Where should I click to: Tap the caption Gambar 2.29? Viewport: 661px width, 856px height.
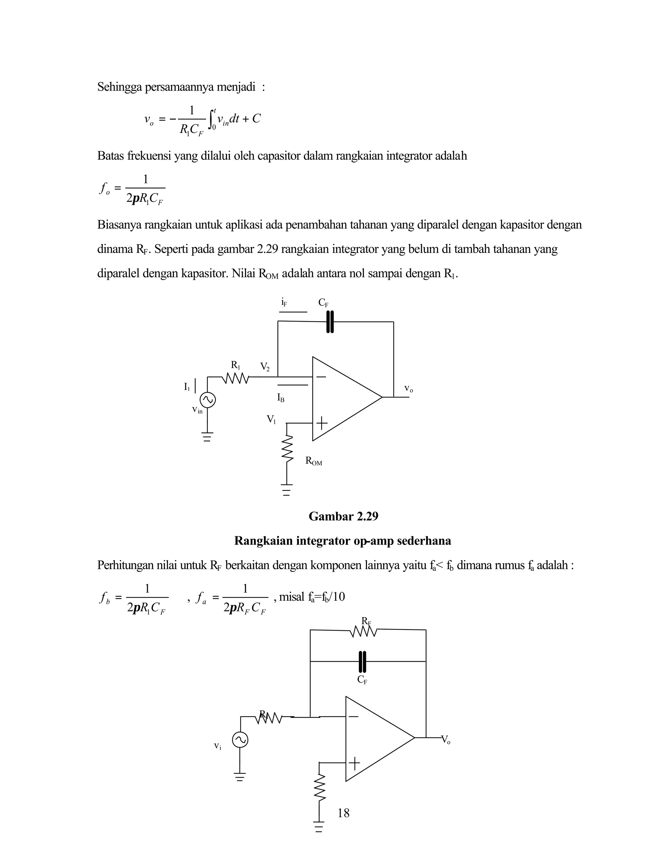click(x=343, y=516)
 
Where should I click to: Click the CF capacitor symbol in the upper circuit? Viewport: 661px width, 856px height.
click(x=330, y=322)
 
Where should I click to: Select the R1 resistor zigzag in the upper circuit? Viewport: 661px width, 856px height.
click(x=235, y=378)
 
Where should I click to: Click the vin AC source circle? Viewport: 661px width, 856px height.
click(x=208, y=400)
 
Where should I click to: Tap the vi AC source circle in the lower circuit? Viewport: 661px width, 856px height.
click(x=240, y=740)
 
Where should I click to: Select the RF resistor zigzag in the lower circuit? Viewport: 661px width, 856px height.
click(x=364, y=632)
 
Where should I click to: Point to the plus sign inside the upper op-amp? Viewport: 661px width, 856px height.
click(x=321, y=423)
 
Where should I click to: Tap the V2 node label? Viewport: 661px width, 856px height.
click(x=265, y=367)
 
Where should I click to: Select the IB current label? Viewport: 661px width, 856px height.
click(x=281, y=398)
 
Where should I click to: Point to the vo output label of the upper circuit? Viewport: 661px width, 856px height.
click(x=408, y=389)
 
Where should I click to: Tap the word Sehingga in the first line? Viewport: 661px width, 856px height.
click(x=120, y=87)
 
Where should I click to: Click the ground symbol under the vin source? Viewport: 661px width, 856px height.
click(x=207, y=436)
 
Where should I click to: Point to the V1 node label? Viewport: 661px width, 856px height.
click(x=271, y=420)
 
